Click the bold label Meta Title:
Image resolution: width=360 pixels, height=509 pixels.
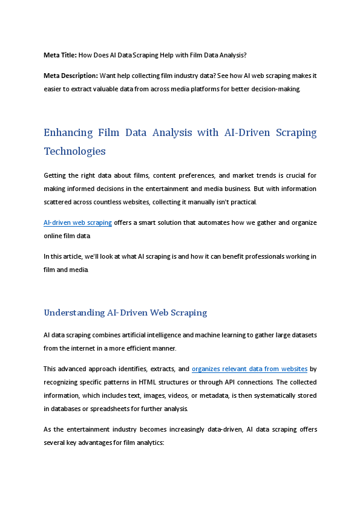pyautogui.click(x=60, y=55)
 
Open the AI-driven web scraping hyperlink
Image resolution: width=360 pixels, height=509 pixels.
pyautogui.click(x=77, y=222)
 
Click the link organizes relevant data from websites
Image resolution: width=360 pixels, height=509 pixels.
pyautogui.click(x=249, y=369)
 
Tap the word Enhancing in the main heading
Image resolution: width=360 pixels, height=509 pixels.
pyautogui.click(x=68, y=132)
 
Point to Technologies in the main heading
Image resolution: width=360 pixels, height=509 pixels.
pyautogui.click(x=75, y=151)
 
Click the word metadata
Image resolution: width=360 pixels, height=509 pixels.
pyautogui.click(x=223, y=395)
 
